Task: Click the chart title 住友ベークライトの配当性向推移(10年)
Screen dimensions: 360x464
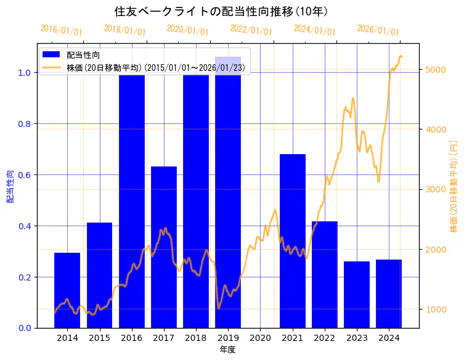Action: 221,11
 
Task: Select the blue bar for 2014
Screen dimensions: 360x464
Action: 67,290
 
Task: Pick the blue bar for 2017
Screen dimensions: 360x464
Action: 164,247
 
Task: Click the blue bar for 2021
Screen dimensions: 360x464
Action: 293,240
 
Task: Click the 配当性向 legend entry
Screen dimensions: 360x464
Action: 83,55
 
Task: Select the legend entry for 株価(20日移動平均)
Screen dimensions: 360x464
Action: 158,67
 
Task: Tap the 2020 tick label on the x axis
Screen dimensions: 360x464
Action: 260,338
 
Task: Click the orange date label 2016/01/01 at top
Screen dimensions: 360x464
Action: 60,30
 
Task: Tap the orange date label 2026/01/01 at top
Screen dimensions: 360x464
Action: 378,30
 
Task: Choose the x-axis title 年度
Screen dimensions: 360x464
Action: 228,350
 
